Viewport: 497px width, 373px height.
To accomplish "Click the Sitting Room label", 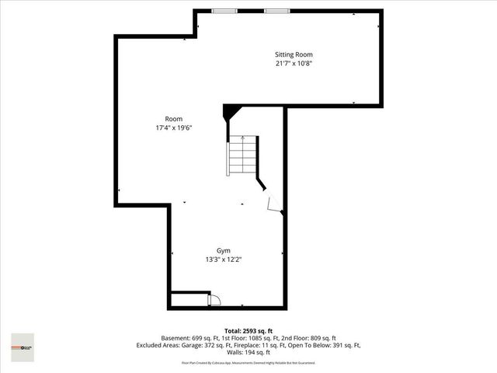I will point(294,54).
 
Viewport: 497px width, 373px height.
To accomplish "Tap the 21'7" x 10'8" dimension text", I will point(294,64).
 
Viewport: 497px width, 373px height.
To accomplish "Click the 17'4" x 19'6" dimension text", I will point(174,128).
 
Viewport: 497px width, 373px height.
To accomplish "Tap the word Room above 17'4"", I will point(174,119).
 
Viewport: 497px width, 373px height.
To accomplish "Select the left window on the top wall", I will point(225,11).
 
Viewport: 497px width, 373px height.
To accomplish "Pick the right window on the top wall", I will point(276,11).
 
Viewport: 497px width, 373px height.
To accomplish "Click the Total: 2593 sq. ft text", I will point(248,331).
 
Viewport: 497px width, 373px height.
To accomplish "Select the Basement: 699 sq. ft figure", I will point(189,338).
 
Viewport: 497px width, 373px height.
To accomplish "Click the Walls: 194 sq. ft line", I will point(248,352).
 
